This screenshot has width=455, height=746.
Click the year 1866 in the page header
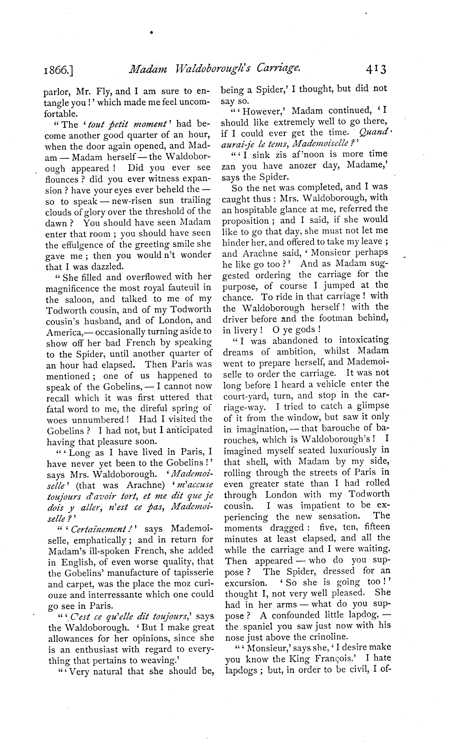[59, 72]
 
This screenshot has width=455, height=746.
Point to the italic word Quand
[374, 133]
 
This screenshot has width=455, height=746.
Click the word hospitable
[262, 209]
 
